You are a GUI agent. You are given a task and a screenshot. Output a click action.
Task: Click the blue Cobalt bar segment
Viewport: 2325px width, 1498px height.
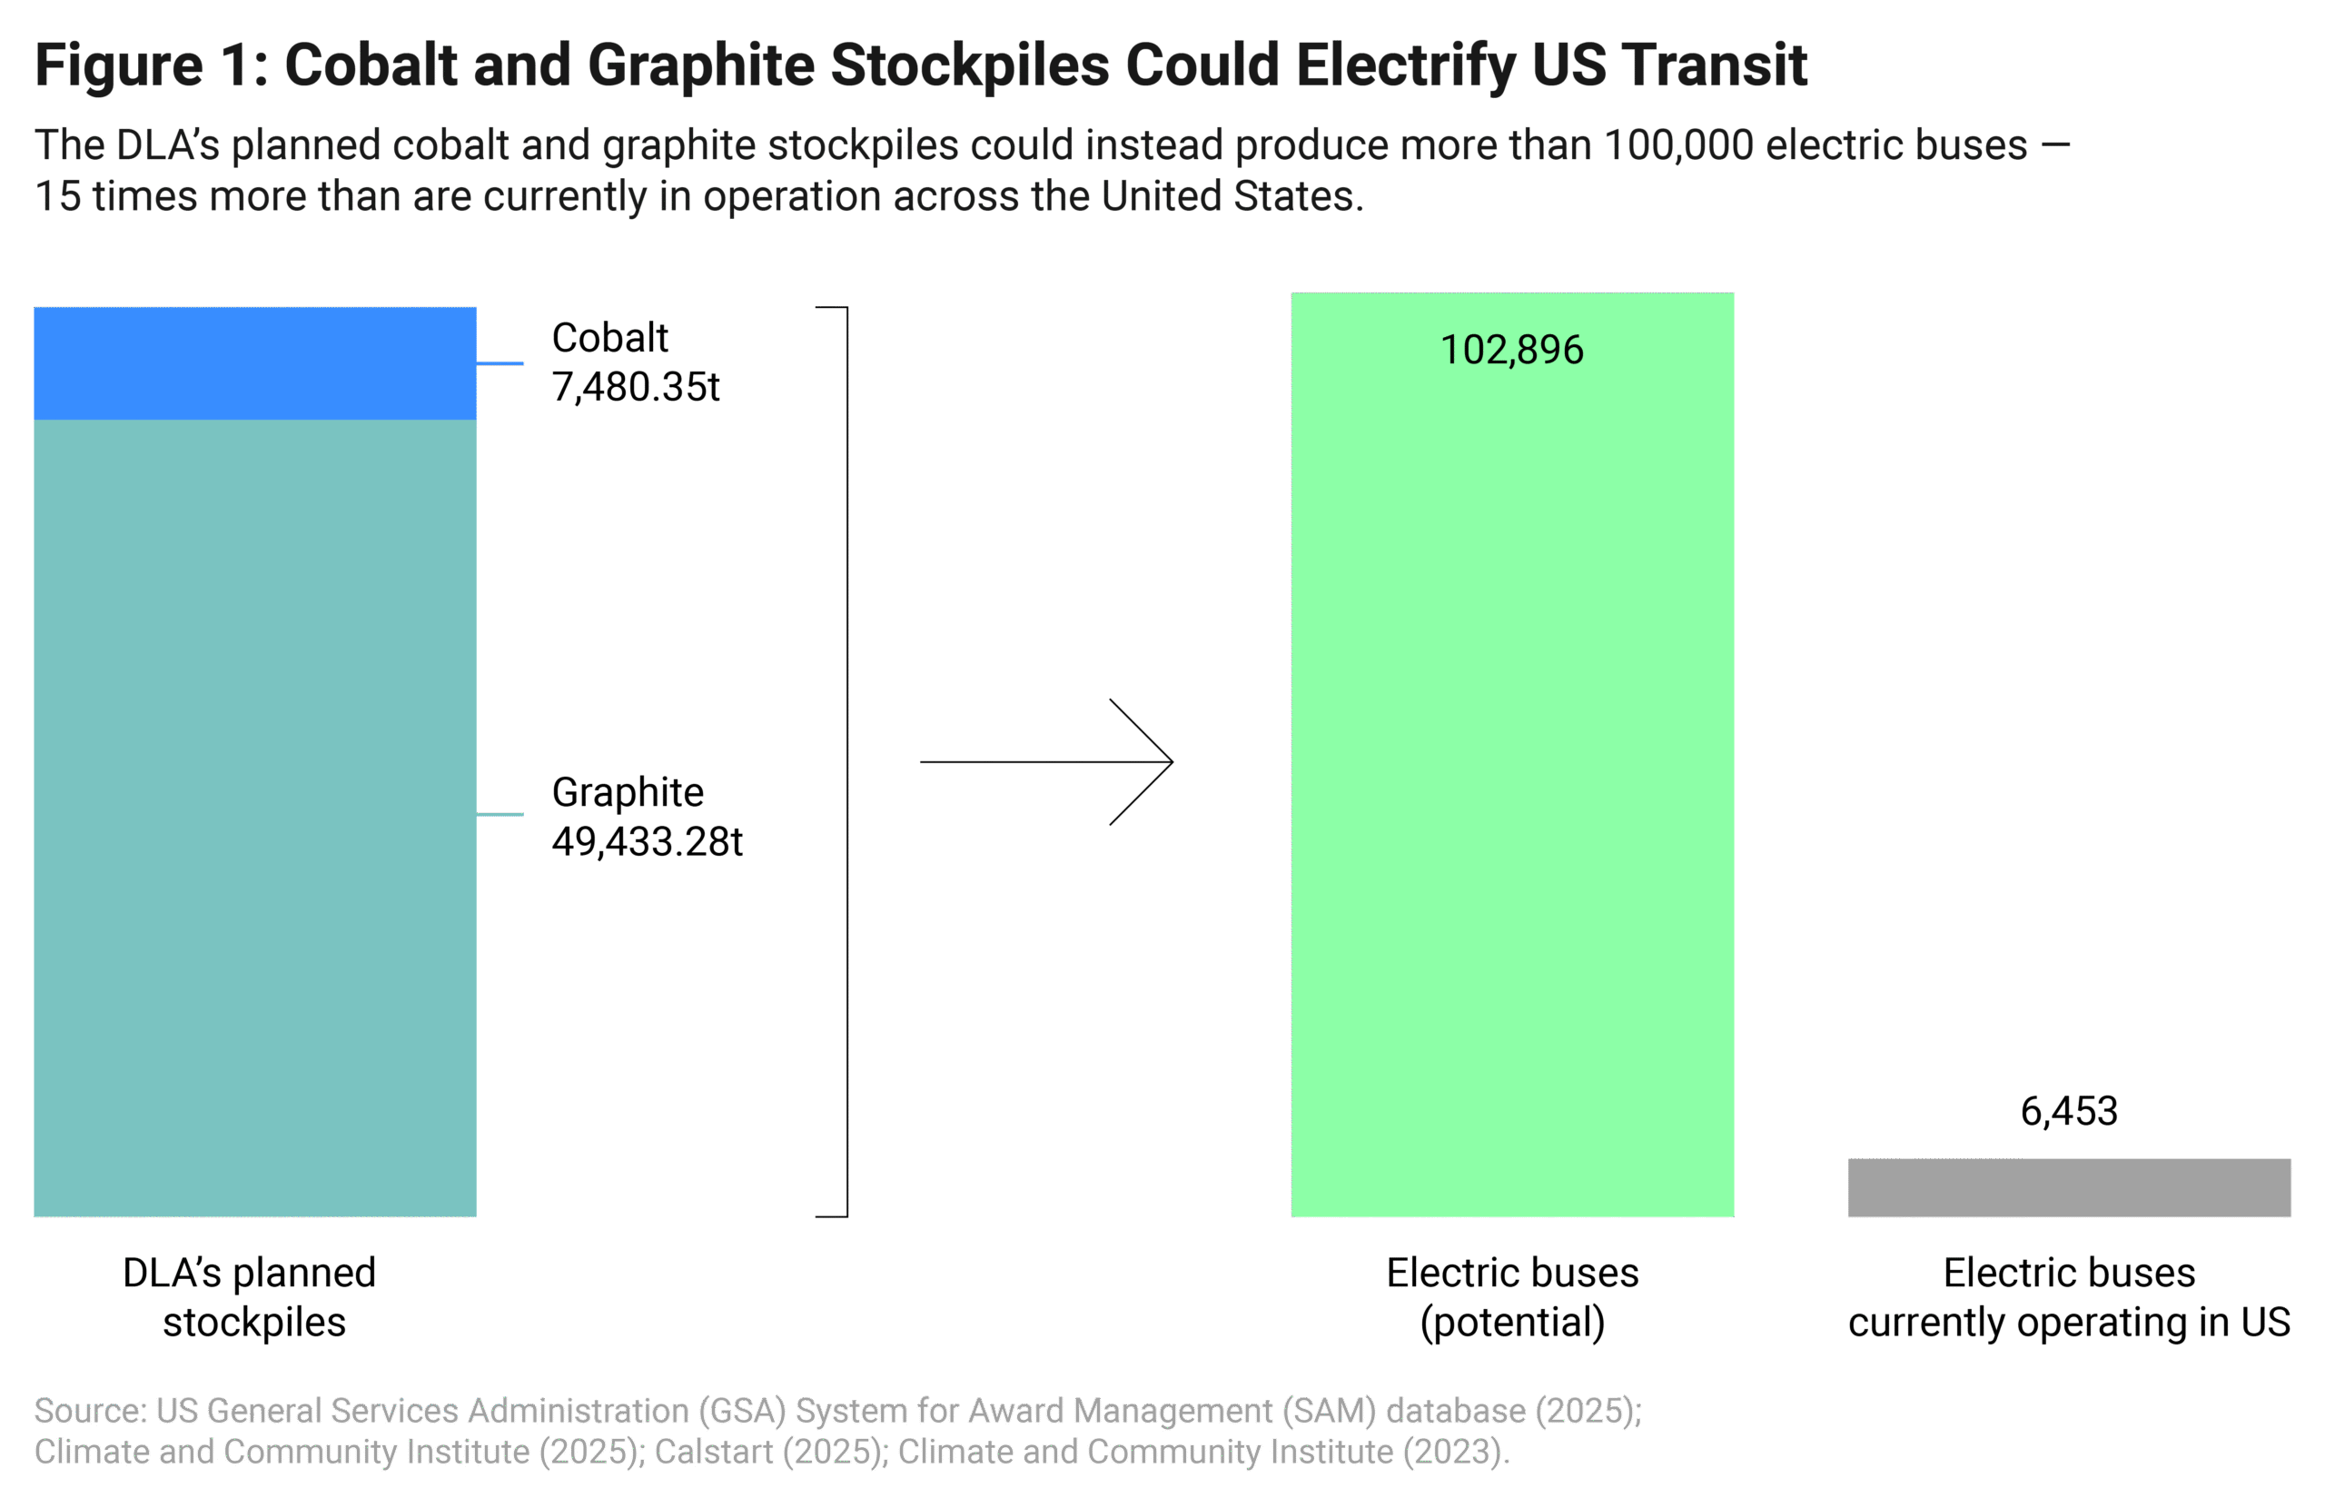coord(255,362)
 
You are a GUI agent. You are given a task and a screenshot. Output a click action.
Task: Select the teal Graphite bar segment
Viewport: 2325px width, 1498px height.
coord(255,817)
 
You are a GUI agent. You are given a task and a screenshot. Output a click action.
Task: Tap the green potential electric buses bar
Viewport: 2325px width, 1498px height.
coord(1511,779)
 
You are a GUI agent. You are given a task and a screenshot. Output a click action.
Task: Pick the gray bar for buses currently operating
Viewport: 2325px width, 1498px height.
coord(2068,1186)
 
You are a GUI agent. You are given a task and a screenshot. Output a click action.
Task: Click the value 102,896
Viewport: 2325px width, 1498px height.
coord(1511,350)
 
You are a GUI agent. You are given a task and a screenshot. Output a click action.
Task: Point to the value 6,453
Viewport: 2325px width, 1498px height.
coord(2068,1111)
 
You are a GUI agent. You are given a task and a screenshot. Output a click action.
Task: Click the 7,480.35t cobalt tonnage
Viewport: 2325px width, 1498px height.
coord(635,387)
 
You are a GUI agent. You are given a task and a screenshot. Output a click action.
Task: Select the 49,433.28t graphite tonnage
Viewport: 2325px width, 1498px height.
coord(647,841)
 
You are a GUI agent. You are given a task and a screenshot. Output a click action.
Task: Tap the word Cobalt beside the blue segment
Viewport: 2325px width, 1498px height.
coord(608,338)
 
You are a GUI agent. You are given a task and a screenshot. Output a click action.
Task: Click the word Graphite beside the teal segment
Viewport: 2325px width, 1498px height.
coord(628,792)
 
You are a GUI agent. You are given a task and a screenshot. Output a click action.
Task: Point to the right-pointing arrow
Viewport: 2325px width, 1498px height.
coord(1046,761)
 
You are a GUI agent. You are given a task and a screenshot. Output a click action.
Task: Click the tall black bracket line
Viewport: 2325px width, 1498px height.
coord(846,761)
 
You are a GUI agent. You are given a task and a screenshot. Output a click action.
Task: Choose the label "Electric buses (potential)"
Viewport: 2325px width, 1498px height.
coord(1511,1297)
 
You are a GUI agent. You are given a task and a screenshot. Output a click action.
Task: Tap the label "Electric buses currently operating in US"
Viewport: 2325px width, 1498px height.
coord(2068,1297)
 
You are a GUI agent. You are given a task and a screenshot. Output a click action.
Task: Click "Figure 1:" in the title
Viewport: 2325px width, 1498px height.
coord(151,65)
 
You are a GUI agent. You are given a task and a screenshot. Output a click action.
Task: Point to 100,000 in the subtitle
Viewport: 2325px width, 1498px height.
coord(1677,145)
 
